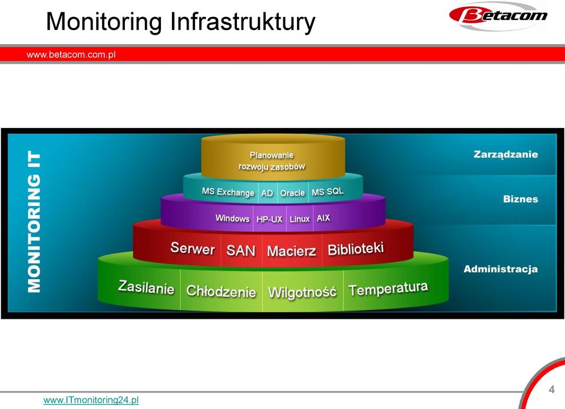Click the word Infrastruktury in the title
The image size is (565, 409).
243,22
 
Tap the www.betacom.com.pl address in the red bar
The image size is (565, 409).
71,55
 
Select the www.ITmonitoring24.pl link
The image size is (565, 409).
91,400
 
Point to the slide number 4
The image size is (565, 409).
551,390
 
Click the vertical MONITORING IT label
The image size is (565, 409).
34,221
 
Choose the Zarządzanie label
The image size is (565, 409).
505,154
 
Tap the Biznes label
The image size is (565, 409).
520,199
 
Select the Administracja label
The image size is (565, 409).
501,269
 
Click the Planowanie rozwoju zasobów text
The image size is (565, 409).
272,161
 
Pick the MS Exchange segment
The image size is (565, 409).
228,192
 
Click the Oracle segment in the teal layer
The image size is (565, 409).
292,193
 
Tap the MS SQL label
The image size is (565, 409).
327,192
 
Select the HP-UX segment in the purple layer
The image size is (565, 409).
269,219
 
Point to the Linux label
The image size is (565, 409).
299,219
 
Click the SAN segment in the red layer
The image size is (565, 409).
241,250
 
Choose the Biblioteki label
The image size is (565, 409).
356,249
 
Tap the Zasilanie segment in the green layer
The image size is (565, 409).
146,287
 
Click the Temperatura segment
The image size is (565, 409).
388,289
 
